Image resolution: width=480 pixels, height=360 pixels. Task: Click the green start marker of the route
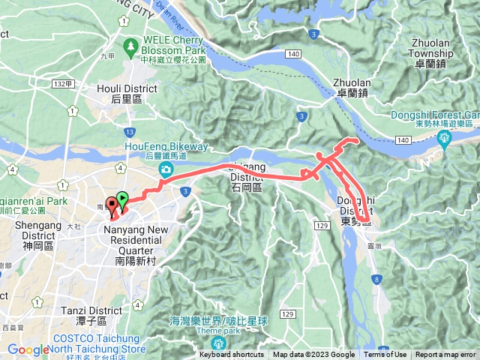(x=123, y=199)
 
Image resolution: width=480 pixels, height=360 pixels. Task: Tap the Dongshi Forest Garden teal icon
(x=443, y=137)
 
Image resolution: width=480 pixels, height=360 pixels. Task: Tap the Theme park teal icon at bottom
(x=219, y=343)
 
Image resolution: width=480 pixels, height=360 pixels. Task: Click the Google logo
(x=27, y=349)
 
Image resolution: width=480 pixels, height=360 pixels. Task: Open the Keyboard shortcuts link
(x=232, y=355)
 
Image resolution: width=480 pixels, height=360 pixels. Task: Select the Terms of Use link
(x=385, y=355)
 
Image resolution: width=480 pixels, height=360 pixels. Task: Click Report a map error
(x=445, y=355)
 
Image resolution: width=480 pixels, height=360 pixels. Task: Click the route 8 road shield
(x=376, y=280)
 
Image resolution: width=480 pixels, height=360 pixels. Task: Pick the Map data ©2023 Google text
(x=313, y=355)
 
